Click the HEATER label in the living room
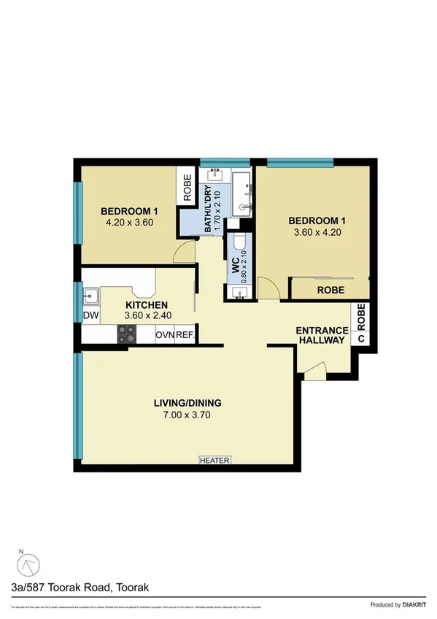click(215, 461)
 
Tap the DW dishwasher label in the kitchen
click(90, 315)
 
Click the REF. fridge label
click(185, 336)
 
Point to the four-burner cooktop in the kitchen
click(127, 334)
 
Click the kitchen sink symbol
click(91, 296)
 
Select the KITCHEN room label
click(147, 305)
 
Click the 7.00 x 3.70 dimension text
click(187, 415)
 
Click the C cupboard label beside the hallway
click(360, 338)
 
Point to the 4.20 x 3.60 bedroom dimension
click(128, 223)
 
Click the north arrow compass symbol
click(30, 564)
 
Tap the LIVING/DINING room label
click(187, 403)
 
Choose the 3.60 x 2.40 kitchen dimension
click(147, 317)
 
